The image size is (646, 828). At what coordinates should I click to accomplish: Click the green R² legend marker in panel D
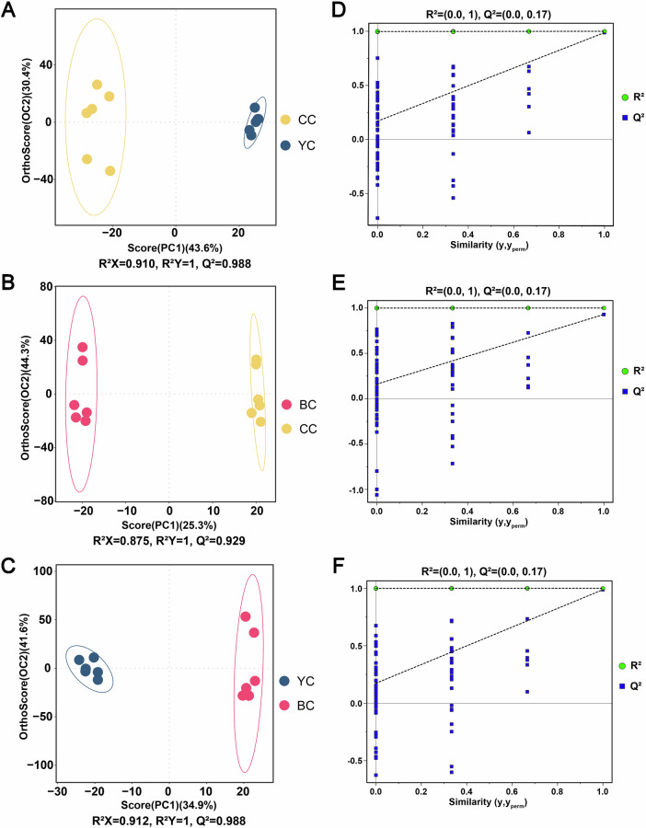click(624, 97)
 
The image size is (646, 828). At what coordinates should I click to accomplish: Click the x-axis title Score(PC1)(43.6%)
click(174, 247)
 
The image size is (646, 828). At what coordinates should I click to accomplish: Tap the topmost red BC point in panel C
click(246, 616)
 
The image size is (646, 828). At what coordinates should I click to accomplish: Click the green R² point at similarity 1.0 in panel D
click(604, 31)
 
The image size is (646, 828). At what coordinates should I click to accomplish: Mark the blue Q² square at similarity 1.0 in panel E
click(604, 315)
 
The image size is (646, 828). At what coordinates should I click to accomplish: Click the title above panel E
click(488, 291)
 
